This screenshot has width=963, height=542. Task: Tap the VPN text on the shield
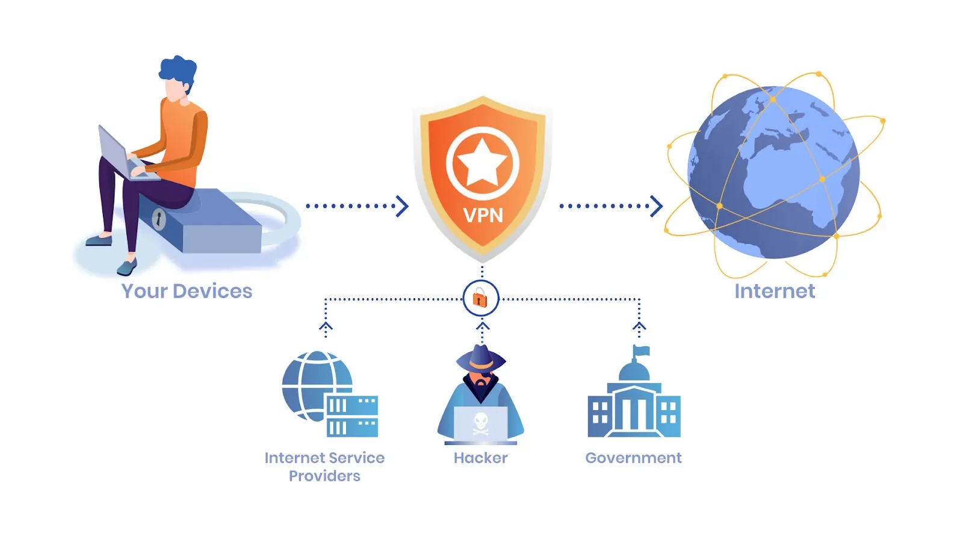pyautogui.click(x=483, y=215)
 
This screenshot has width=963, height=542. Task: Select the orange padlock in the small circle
pyautogui.click(x=480, y=297)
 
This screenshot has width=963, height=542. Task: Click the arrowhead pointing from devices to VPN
pyautogui.click(x=402, y=207)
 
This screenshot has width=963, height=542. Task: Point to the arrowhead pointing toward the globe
pyautogui.click(x=656, y=207)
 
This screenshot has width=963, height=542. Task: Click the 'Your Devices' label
pyautogui.click(x=187, y=291)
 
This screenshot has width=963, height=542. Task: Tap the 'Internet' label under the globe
pyautogui.click(x=775, y=291)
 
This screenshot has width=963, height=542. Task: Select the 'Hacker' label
pyautogui.click(x=481, y=458)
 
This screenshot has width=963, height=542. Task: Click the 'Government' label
pyautogui.click(x=633, y=458)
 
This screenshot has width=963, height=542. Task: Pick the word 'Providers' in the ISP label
pyautogui.click(x=324, y=476)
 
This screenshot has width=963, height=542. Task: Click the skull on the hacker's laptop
pyautogui.click(x=481, y=423)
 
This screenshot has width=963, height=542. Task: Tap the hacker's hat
pyautogui.click(x=481, y=358)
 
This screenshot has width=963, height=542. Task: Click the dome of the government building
pyautogui.click(x=634, y=371)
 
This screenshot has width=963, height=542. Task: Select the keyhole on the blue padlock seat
pyautogui.click(x=159, y=219)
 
